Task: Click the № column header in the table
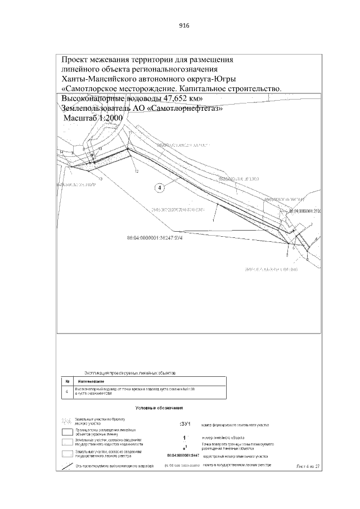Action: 67,381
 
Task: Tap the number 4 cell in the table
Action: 67,391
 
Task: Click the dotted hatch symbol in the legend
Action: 67,421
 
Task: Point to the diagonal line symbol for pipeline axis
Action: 67,466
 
